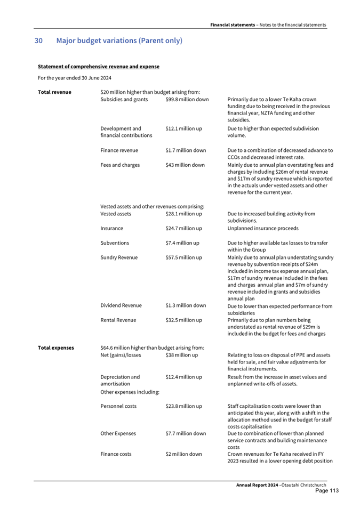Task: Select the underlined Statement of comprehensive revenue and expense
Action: click(99, 67)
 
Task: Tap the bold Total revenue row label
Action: click(54, 92)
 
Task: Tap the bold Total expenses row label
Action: click(56, 348)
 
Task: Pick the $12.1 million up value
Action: click(183, 128)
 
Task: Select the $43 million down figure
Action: click(185, 165)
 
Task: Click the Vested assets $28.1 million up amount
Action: click(183, 214)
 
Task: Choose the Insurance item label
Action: click(111, 228)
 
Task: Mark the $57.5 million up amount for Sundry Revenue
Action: click(183, 257)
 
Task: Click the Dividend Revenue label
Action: click(121, 305)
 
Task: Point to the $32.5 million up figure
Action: click(183, 320)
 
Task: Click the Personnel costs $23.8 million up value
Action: click(183, 406)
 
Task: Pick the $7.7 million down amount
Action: click(186, 433)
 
